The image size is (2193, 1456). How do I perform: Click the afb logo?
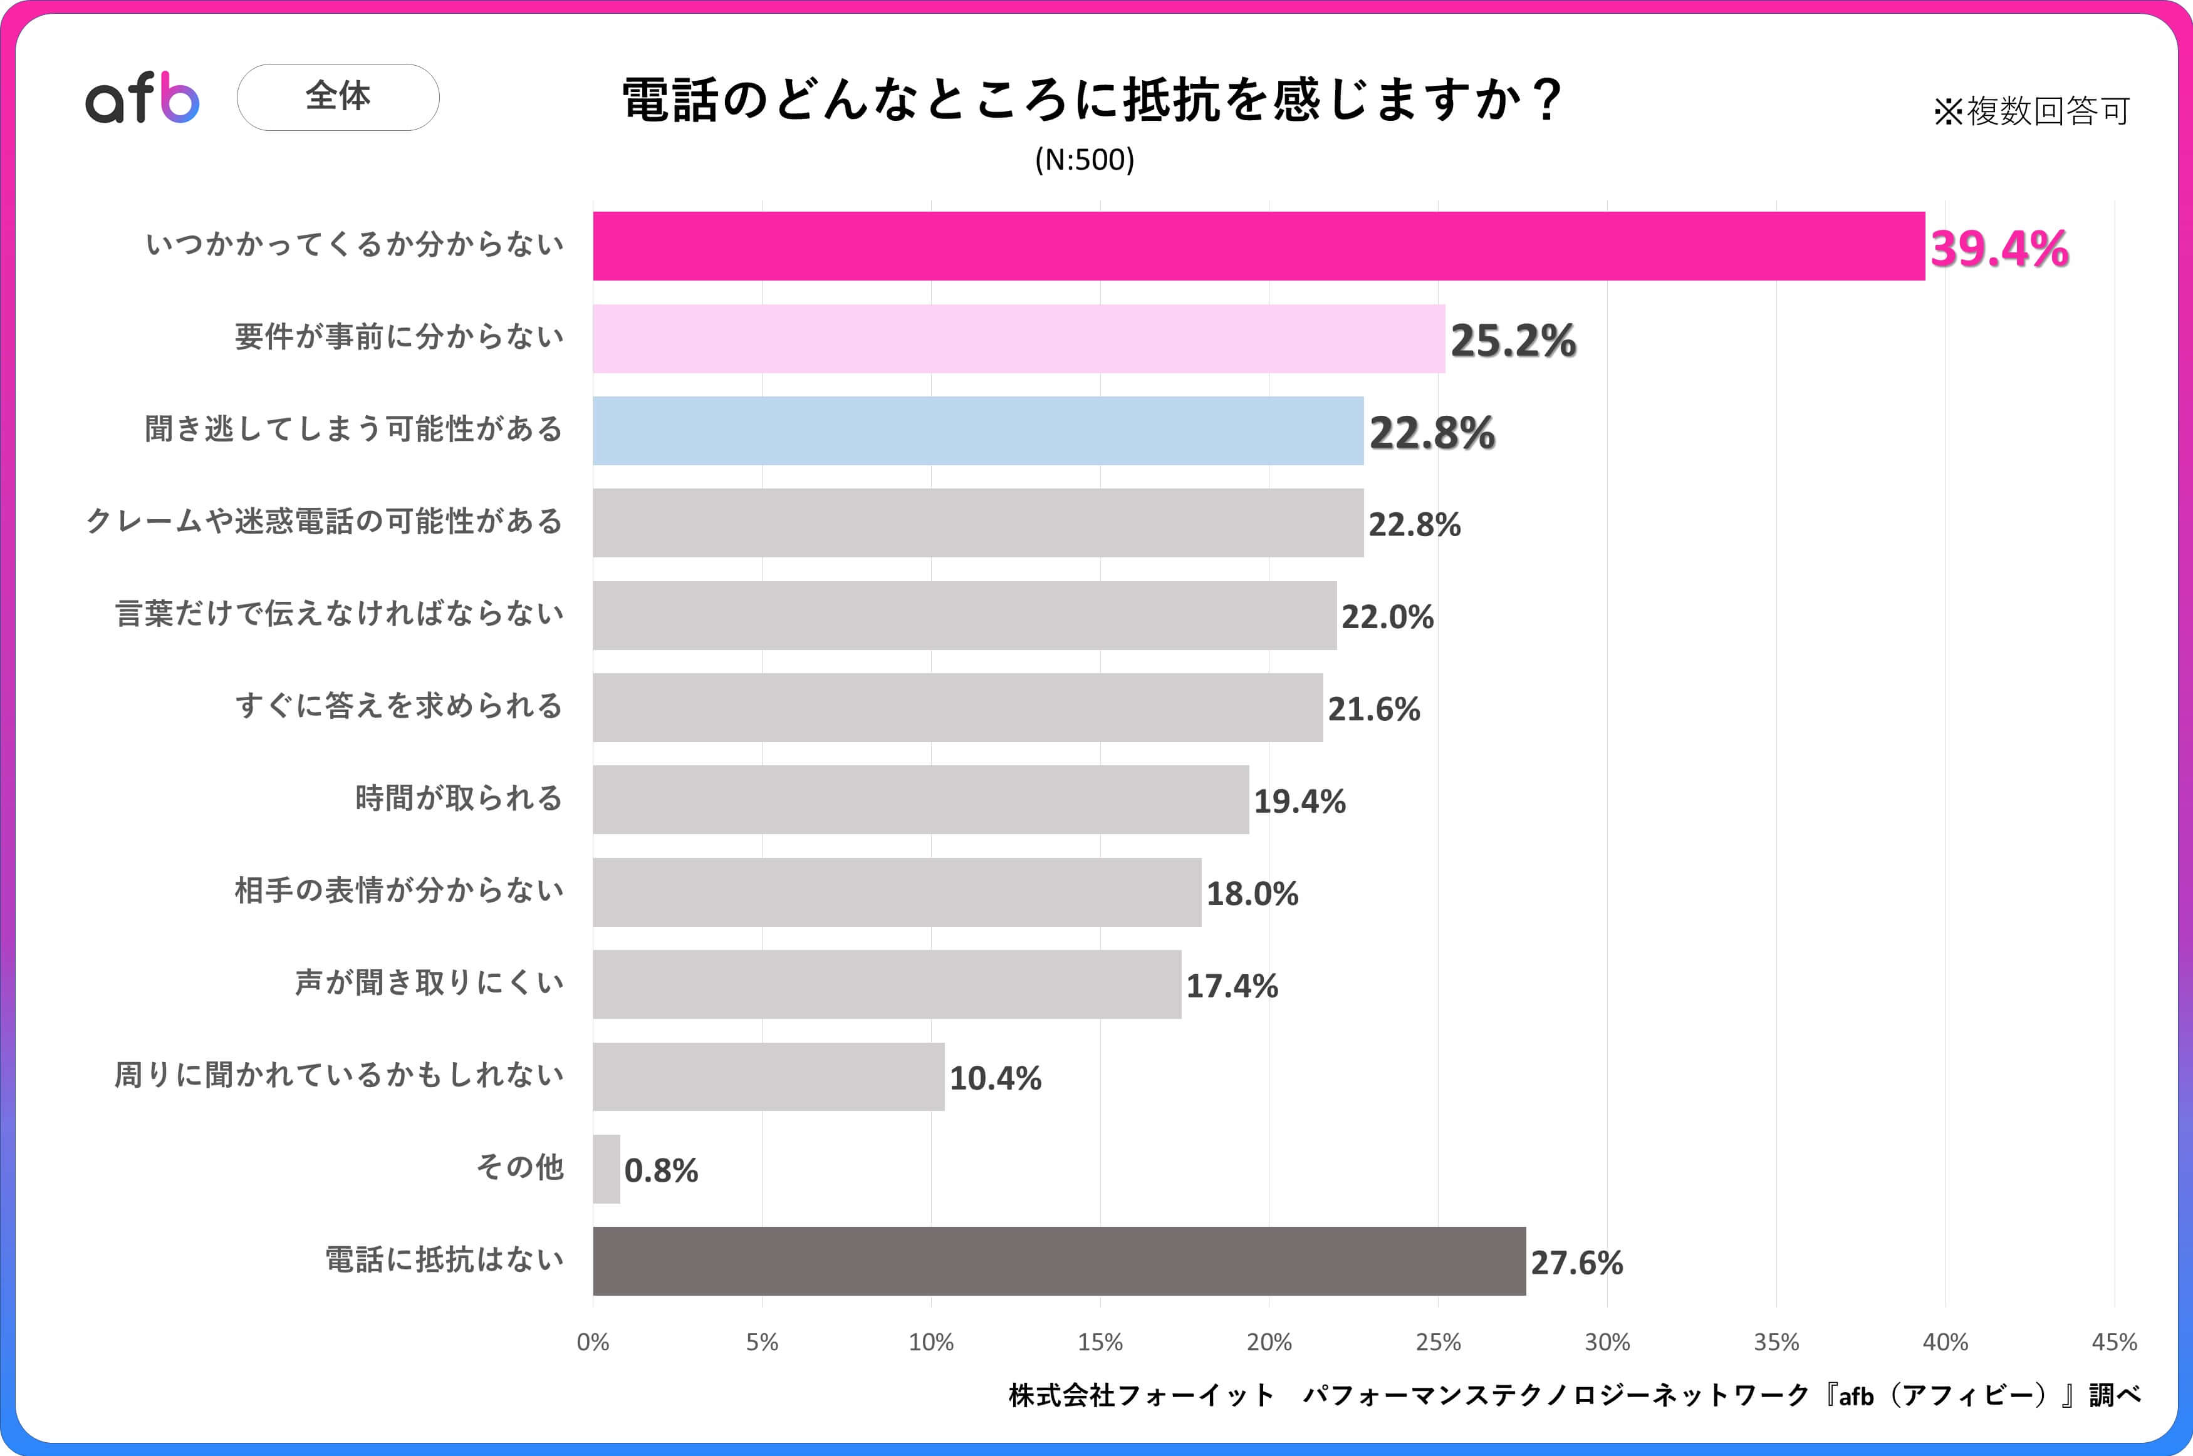click(142, 98)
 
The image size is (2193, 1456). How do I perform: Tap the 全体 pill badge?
click(338, 96)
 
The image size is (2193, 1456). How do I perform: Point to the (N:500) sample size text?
click(1084, 160)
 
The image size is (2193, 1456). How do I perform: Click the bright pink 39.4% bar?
click(1259, 246)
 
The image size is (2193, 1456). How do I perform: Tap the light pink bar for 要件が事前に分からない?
click(1019, 339)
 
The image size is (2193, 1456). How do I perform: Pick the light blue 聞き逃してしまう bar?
click(978, 431)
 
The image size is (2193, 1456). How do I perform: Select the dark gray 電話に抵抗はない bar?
click(1059, 1261)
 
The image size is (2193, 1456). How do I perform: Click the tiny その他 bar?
click(607, 1169)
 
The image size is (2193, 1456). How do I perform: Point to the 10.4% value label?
click(995, 1078)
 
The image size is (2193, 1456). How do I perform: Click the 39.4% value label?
click(1999, 249)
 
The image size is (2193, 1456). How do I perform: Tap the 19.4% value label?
click(1300, 802)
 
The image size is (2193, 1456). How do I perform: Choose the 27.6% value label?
click(1576, 1263)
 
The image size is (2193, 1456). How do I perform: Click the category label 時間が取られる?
click(459, 798)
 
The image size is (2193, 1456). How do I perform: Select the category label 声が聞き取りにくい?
click(429, 983)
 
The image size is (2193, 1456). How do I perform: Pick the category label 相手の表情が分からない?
click(399, 891)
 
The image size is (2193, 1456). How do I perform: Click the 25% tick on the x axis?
click(1438, 1342)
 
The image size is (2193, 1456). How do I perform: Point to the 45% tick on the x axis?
click(2114, 1342)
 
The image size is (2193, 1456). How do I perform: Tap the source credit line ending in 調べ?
click(1575, 1395)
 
